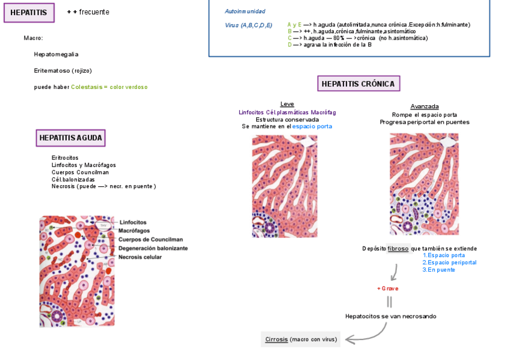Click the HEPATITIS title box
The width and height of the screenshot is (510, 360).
point(29,13)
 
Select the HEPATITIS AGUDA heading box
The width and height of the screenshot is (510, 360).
point(71,138)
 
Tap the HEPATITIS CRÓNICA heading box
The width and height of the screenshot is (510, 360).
point(358,84)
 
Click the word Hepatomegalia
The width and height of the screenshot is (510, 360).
point(56,54)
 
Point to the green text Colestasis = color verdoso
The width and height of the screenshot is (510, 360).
point(109,87)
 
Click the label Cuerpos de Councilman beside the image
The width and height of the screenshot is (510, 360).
point(150,239)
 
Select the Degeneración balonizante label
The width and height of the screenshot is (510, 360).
point(153,248)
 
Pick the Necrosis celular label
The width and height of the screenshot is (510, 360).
point(140,257)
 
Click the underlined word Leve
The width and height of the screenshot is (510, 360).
point(287,104)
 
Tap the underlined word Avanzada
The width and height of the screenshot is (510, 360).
point(425,106)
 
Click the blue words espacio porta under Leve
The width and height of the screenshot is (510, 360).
point(312,127)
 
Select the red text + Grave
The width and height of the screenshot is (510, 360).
point(387,288)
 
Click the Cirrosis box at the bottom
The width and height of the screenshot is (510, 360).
point(301,340)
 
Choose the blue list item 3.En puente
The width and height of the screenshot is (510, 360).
point(438,270)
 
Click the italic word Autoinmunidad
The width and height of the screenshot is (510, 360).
point(245,11)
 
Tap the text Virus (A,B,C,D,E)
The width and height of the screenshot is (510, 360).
point(248,25)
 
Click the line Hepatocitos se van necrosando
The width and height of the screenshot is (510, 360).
point(390,316)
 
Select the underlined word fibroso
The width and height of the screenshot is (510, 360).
point(398,249)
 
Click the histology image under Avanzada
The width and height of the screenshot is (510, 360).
point(424,184)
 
